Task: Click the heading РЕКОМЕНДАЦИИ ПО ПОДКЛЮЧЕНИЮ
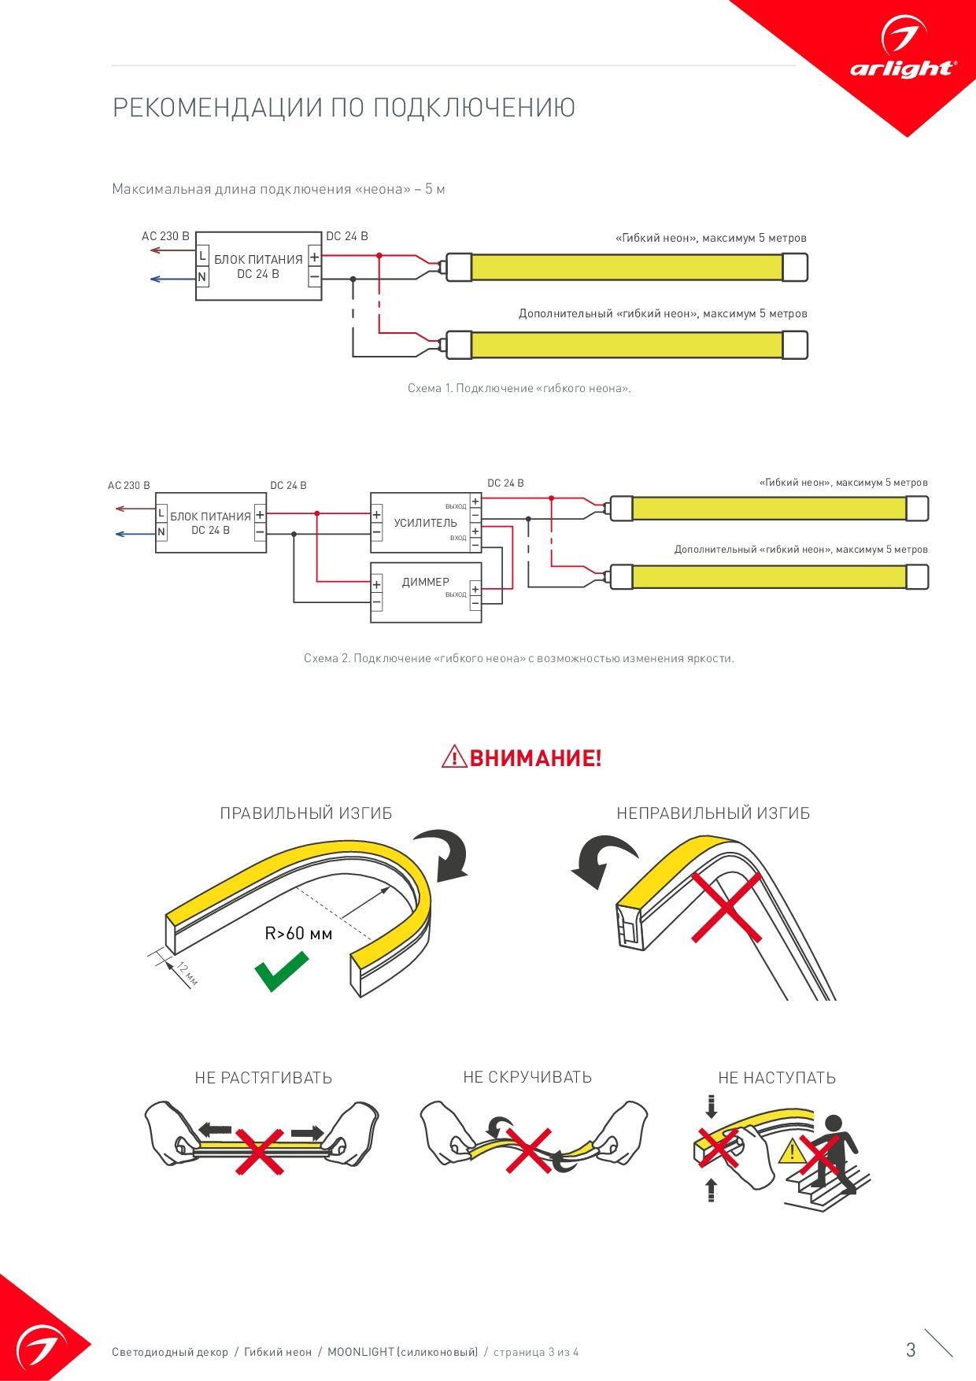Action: coord(344,108)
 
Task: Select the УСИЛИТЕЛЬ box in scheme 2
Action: coord(425,523)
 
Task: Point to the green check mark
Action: coord(281,971)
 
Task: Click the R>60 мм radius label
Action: coord(298,934)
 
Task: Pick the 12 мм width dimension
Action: coord(187,973)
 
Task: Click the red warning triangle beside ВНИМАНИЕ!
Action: coord(454,757)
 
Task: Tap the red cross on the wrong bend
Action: coord(726,907)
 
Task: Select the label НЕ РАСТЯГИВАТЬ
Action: coord(264,1078)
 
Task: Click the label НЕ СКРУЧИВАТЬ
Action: coord(527,1077)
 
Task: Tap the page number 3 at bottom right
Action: coord(911,1350)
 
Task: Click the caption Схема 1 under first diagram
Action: coord(519,388)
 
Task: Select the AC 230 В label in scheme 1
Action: coord(165,236)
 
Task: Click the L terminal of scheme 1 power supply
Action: coord(202,256)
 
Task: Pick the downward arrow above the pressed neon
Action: coord(712,1106)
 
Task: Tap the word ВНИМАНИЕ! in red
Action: coord(535,758)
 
